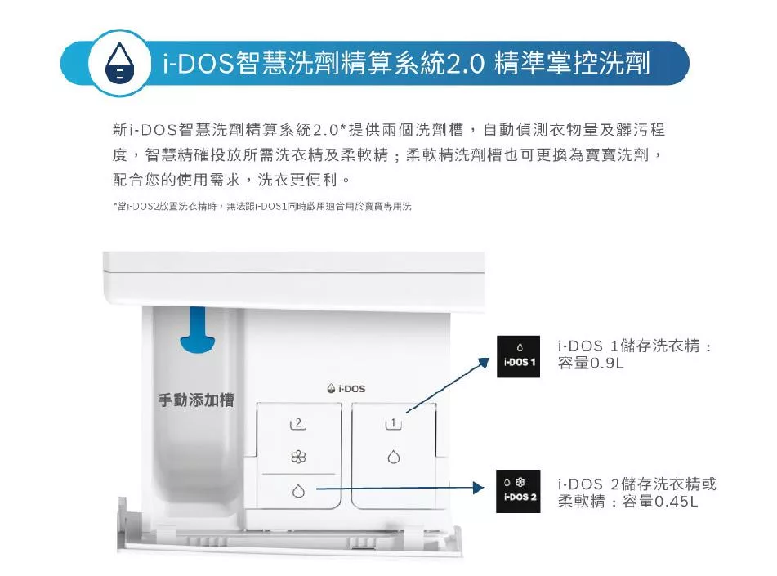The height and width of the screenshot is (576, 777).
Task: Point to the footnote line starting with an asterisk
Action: coord(261,207)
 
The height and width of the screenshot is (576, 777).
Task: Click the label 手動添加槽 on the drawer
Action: coord(196,400)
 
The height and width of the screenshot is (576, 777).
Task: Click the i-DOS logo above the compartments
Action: coord(346,389)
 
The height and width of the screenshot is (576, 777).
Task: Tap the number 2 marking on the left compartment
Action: coord(297,423)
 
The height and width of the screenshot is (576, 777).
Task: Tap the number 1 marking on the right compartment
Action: coord(393,423)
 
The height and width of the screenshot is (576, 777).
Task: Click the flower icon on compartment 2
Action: coord(298,458)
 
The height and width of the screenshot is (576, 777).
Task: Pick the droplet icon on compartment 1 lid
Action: coord(394,458)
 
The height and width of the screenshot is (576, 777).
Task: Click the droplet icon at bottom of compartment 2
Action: coord(298,491)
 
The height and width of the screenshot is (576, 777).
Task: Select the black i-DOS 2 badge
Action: coord(520,491)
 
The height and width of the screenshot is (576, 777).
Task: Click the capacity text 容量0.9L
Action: coord(591,363)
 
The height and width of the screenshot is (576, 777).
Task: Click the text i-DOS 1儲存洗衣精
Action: coord(628,346)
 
